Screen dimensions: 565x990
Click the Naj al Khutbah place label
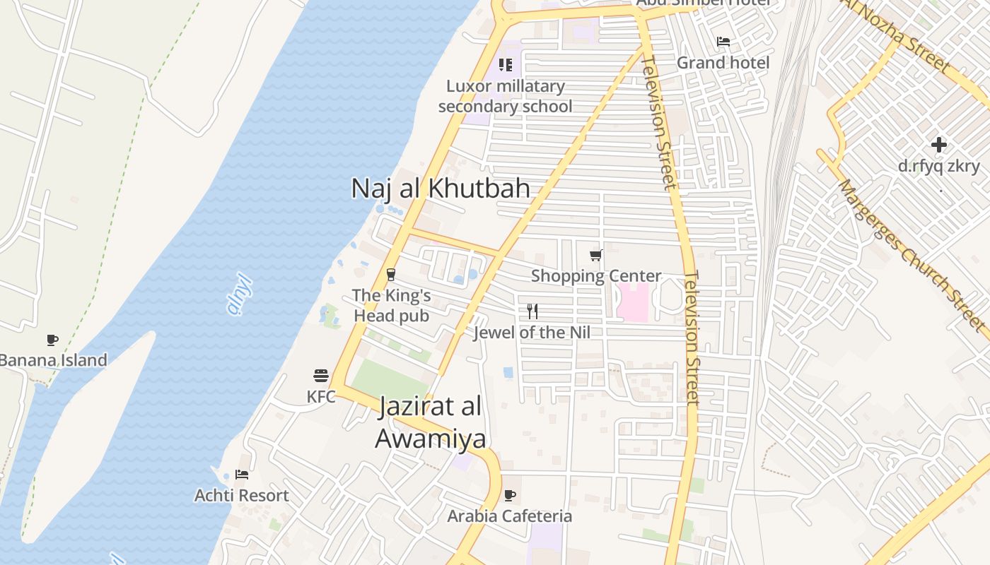pyautogui.click(x=441, y=189)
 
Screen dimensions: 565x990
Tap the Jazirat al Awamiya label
pyautogui.click(x=430, y=422)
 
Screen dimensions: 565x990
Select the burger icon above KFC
pyautogui.click(x=321, y=375)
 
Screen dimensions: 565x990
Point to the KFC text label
pyautogui.click(x=321, y=397)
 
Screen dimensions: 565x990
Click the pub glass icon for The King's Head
pyautogui.click(x=390, y=275)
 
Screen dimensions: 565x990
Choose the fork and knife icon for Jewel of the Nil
pyautogui.click(x=532, y=311)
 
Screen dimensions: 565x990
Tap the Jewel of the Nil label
pyautogui.click(x=532, y=332)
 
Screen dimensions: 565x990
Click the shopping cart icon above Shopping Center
pyautogui.click(x=596, y=255)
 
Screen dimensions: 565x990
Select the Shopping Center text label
pyautogui.click(x=596, y=276)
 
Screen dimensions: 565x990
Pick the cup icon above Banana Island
pyautogui.click(x=52, y=340)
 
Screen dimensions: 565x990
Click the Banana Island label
pyautogui.click(x=53, y=360)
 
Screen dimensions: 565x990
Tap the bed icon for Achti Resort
pyautogui.click(x=242, y=475)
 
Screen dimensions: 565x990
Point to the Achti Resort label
pyautogui.click(x=242, y=496)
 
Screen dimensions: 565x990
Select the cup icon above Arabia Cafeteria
pyautogui.click(x=509, y=495)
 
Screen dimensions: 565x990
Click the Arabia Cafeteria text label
pyautogui.click(x=509, y=516)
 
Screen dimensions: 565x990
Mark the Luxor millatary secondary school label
pyautogui.click(x=505, y=96)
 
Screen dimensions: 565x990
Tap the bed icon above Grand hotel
pyautogui.click(x=723, y=42)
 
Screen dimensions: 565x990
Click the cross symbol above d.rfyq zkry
pyautogui.click(x=938, y=145)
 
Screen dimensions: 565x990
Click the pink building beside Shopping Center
pyautogui.click(x=634, y=303)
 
